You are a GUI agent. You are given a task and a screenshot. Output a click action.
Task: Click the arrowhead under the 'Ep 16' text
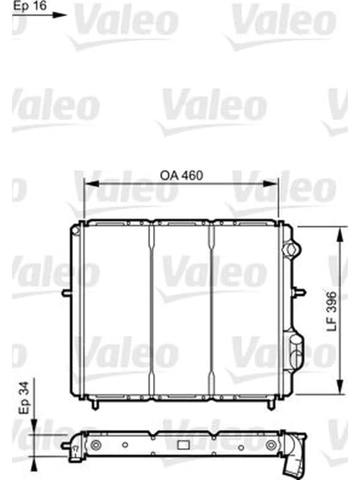point(61,15)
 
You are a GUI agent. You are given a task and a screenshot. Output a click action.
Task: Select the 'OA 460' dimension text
point(181,176)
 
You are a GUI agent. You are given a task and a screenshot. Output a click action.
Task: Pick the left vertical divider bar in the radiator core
point(151,309)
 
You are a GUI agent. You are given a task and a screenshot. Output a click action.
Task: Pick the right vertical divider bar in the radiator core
point(212,309)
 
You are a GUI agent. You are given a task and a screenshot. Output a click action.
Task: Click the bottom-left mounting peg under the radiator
point(94,405)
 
